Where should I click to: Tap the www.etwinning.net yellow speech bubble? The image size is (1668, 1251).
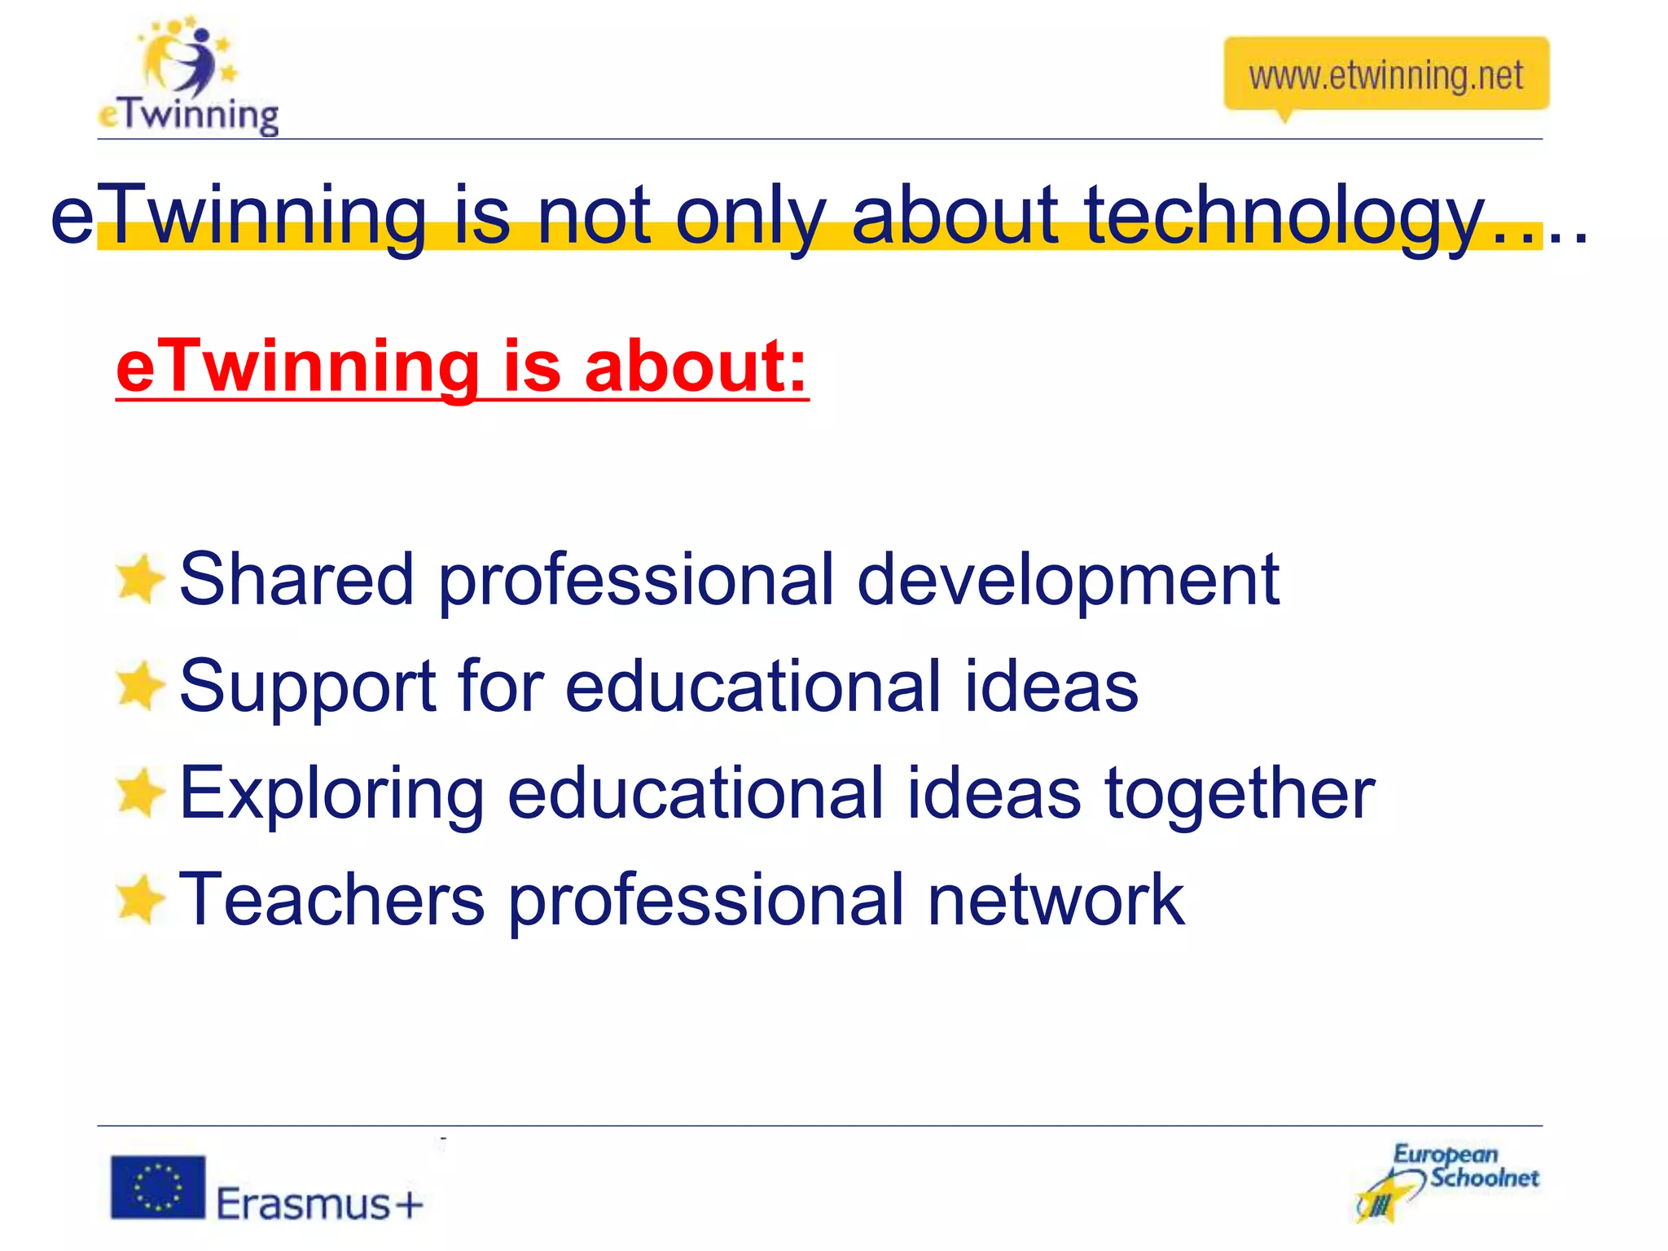click(1385, 75)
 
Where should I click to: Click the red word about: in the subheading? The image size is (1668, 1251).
click(696, 367)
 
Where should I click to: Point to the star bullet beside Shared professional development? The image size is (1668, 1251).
click(139, 579)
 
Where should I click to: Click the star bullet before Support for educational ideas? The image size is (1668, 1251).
click(139, 686)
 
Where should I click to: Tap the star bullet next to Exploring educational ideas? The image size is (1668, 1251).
click(139, 792)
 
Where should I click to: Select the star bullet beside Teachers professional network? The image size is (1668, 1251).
click(139, 899)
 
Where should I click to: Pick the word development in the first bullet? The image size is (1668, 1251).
click(1068, 581)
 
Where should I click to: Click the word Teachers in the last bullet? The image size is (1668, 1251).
click(331, 899)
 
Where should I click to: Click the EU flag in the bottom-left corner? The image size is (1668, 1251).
click(158, 1187)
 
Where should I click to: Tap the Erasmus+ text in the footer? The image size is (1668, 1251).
click(319, 1203)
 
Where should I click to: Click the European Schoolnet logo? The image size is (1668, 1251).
click(1447, 1182)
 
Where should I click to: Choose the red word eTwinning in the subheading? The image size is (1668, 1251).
click(297, 367)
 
